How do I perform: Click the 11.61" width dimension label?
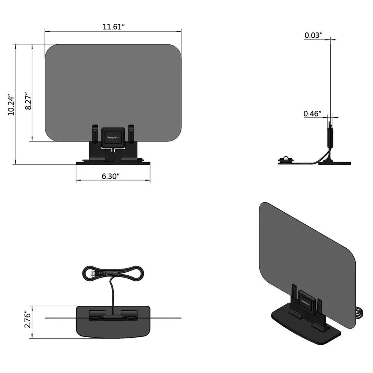[113, 27]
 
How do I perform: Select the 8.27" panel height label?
[28, 101]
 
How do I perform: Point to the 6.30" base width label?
[111, 176]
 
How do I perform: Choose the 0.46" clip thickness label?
[312, 114]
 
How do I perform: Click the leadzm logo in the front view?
[112, 137]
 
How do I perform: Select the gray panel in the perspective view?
[306, 250]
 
